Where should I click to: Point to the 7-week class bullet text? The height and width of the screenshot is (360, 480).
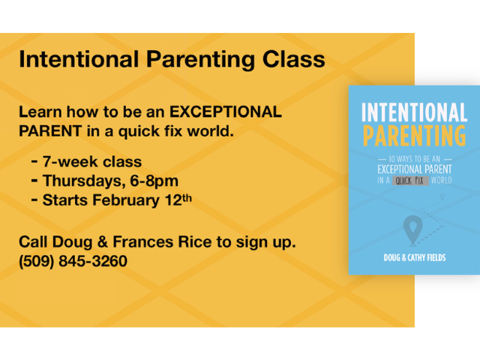(91, 161)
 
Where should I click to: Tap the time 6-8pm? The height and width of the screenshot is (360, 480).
(155, 181)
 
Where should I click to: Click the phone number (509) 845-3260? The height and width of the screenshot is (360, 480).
(73, 262)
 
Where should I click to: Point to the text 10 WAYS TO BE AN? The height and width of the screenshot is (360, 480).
(414, 159)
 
